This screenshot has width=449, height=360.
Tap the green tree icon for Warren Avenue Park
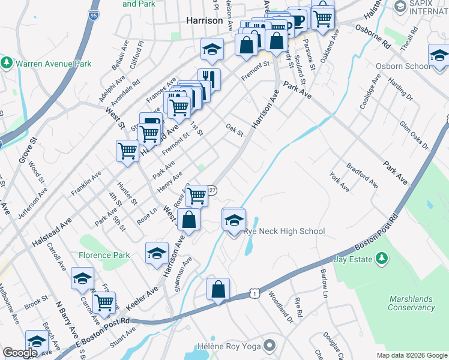(x=7, y=62)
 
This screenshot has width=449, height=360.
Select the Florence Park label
(x=104, y=255)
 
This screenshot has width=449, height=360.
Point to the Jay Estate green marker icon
(x=381, y=259)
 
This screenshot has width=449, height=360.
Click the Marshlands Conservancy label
(x=411, y=303)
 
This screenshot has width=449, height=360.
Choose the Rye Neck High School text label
(x=285, y=232)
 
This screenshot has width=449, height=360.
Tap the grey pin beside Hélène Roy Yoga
(x=270, y=346)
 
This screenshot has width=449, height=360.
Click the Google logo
(x=20, y=353)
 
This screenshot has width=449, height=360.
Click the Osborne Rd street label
(x=373, y=36)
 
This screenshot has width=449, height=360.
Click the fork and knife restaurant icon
(x=209, y=79)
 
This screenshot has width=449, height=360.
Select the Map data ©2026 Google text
(x=411, y=355)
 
